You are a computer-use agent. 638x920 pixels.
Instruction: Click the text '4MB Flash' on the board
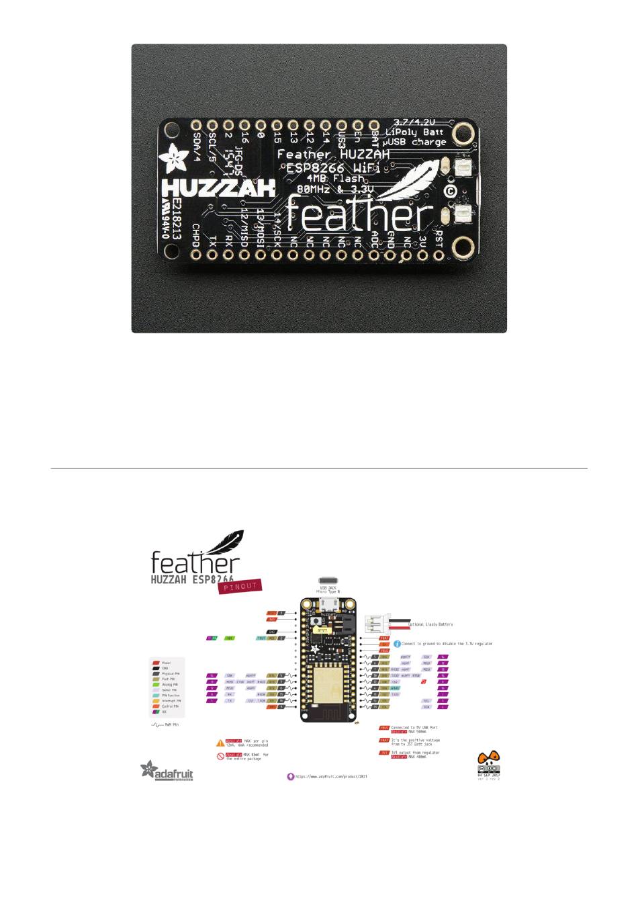click(336, 178)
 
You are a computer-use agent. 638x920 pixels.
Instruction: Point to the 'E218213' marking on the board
click(176, 214)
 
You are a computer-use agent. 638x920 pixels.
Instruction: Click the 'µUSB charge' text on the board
click(415, 142)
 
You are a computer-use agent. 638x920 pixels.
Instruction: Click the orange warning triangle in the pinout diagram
click(220, 743)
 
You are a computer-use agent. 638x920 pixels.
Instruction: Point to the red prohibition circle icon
click(220, 756)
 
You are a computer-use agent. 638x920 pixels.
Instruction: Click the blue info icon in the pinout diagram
click(397, 644)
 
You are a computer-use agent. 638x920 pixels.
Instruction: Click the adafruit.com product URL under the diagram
click(331, 776)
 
